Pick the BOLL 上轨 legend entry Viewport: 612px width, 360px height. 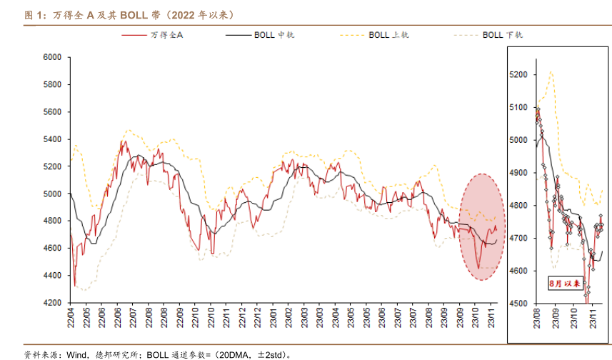pyautogui.click(x=389, y=34)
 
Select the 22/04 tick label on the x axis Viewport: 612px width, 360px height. pyautogui.click(x=71, y=318)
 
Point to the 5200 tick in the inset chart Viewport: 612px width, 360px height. pyautogui.click(x=518, y=74)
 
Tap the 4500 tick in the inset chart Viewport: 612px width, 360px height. pyautogui.click(x=518, y=304)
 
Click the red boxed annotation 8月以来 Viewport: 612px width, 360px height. pyautogui.click(x=563, y=283)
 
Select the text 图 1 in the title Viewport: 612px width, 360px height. pyautogui.click(x=33, y=13)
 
